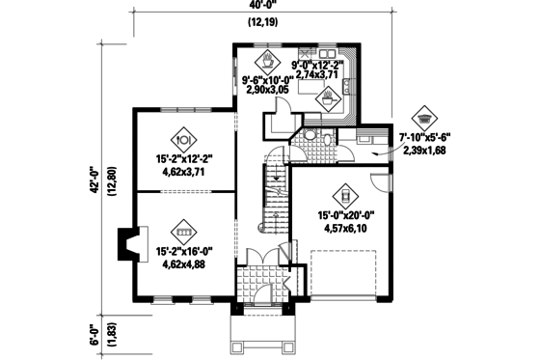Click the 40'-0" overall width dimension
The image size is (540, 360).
pos(258,6)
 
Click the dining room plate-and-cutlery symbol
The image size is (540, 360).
pos(183,138)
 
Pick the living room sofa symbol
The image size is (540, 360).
pos(183,232)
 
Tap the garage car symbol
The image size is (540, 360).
pos(341,193)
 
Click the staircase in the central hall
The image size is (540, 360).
pos(277,193)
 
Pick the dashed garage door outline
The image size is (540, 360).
pos(351,271)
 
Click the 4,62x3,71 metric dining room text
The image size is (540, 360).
pos(183,173)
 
